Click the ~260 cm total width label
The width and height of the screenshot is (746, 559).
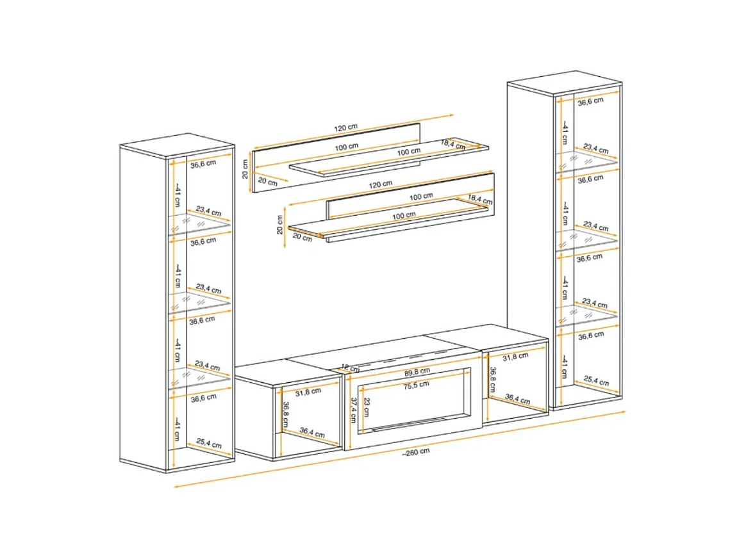[x=416, y=452]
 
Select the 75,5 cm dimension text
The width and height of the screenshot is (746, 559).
[x=417, y=385]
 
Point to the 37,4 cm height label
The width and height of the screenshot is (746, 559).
[x=354, y=410]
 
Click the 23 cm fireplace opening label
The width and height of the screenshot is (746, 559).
[x=367, y=407]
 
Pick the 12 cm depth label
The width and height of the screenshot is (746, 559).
[x=350, y=368]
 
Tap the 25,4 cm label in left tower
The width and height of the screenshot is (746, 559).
[x=209, y=444]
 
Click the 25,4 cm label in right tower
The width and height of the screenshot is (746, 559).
[x=596, y=380]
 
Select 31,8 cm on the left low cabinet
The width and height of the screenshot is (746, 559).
[x=308, y=392]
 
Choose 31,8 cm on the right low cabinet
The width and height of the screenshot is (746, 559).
[x=515, y=357]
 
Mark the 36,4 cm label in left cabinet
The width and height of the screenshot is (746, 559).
[x=312, y=432]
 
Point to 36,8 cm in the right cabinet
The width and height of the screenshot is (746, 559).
[x=493, y=379]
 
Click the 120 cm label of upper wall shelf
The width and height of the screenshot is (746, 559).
[x=346, y=127]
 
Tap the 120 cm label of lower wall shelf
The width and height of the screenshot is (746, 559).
[x=381, y=184]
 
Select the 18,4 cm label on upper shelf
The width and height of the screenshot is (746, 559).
[x=453, y=145]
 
